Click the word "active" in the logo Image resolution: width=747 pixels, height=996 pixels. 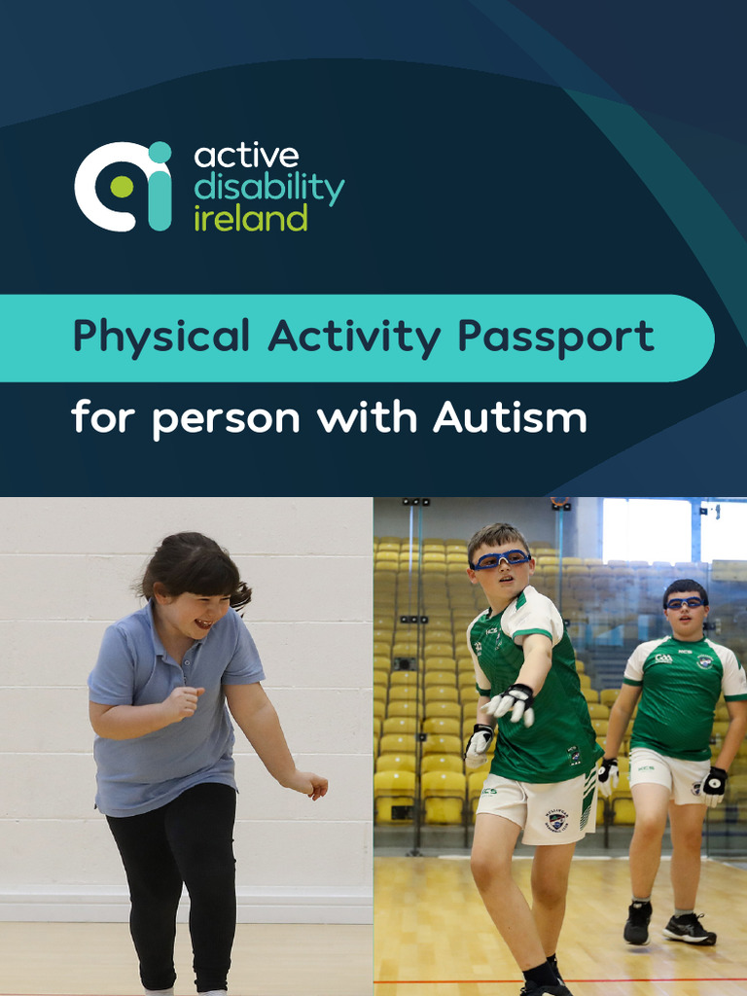click(246, 156)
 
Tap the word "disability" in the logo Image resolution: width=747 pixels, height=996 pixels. click(268, 187)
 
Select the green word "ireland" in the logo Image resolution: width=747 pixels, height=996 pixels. click(250, 217)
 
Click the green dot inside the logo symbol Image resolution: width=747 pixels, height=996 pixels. click(122, 186)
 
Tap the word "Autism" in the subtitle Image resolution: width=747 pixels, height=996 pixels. click(510, 418)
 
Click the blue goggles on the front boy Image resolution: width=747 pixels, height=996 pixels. click(501, 558)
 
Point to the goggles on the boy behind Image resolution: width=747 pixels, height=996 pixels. click(685, 603)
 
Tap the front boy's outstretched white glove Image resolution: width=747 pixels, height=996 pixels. click(513, 703)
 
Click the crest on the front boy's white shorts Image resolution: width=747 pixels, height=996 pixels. click(555, 821)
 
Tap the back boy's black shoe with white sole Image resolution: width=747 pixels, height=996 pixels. click(690, 930)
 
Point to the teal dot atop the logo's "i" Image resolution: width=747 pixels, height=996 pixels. click(160, 152)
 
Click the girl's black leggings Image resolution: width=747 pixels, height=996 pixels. click(175, 875)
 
